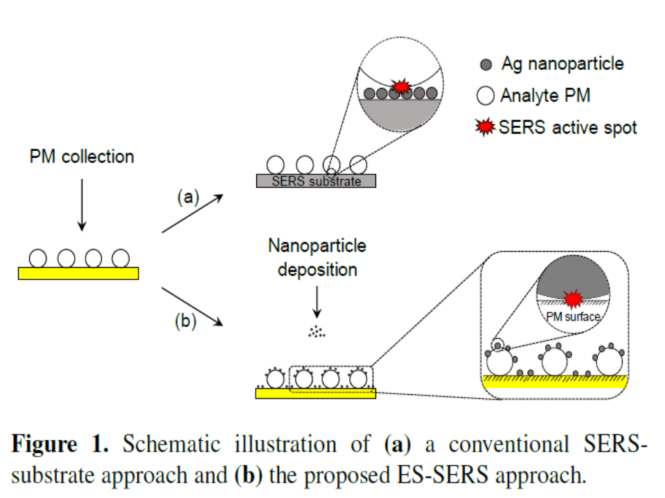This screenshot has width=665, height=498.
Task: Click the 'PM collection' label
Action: [81, 157]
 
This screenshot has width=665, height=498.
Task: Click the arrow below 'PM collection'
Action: [82, 204]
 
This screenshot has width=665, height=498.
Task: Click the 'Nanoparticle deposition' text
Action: [317, 257]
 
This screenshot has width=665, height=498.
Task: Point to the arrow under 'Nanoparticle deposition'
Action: [317, 300]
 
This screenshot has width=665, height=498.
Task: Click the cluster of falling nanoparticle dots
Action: [317, 332]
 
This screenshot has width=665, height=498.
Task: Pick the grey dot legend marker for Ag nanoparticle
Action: [486, 65]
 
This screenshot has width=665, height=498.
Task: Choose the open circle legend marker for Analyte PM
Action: [486, 96]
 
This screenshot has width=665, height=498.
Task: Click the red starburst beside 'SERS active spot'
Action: [487, 127]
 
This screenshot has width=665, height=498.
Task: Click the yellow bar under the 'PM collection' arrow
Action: [78, 273]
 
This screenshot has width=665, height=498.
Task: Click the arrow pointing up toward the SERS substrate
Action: [192, 214]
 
